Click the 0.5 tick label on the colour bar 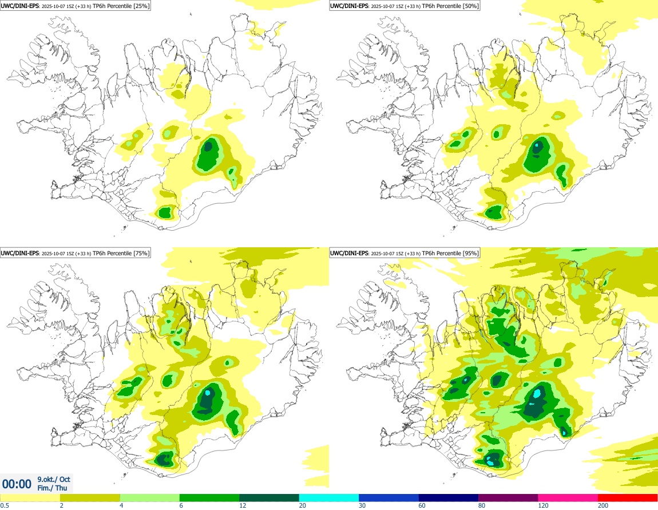point(4,505)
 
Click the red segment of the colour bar point(628,497)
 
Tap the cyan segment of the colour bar point(328,497)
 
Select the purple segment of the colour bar point(508,497)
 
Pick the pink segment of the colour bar point(568,497)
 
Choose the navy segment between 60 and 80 point(448,497)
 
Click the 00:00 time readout point(17,484)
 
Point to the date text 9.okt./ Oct point(54,479)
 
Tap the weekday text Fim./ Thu point(52,488)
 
